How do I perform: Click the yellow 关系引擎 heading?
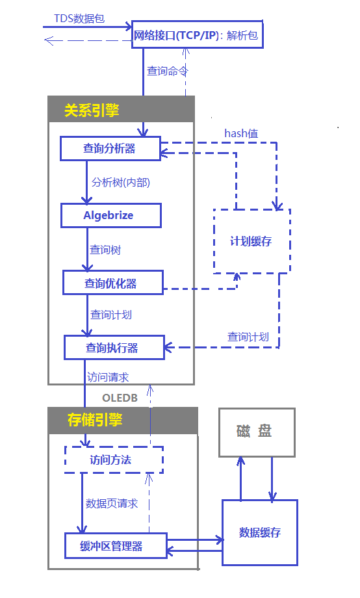tap(92, 110)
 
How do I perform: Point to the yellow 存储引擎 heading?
tap(95, 420)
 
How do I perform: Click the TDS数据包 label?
tap(79, 18)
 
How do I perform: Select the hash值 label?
tap(241, 133)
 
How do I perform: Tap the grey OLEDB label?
tap(120, 398)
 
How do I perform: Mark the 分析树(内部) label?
tap(121, 182)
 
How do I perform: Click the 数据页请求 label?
tap(112, 503)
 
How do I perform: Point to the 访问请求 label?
tap(108, 377)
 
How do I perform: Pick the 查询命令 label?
tap(168, 71)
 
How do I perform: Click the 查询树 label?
tap(105, 250)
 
